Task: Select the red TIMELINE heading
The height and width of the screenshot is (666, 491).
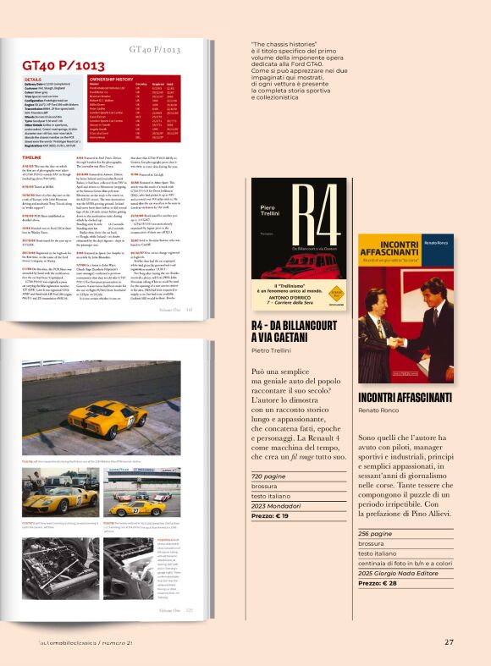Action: click(x=31, y=157)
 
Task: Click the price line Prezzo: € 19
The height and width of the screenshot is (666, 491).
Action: click(x=270, y=515)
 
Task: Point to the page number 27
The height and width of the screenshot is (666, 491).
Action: click(x=449, y=641)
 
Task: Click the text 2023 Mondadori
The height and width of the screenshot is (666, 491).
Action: click(x=277, y=504)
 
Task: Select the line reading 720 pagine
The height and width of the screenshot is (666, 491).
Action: click(x=268, y=476)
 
